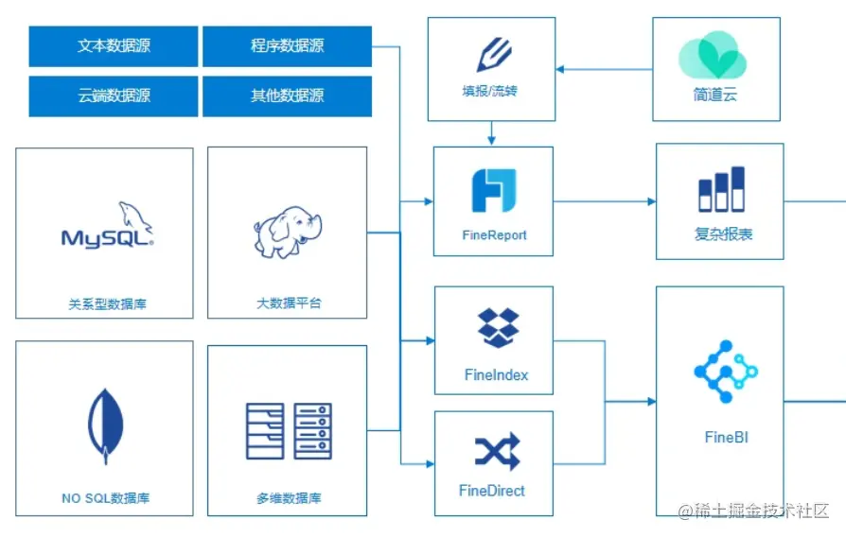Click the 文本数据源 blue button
(x=114, y=45)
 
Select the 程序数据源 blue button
(x=287, y=45)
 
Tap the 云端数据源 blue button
(x=114, y=95)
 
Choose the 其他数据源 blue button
(x=287, y=95)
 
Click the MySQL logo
(x=107, y=226)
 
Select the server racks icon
(x=288, y=431)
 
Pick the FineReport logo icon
(x=493, y=189)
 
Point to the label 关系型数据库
(x=107, y=304)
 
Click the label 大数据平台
(x=289, y=303)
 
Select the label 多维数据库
(x=288, y=498)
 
